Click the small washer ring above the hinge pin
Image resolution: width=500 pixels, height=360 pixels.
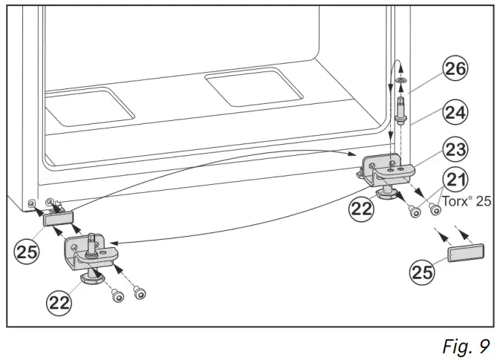click(x=400, y=79)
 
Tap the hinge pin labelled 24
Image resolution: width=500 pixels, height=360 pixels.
click(x=401, y=107)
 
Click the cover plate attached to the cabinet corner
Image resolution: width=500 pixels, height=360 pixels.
click(x=58, y=217)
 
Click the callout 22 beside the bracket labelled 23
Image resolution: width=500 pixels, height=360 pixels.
click(x=363, y=209)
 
